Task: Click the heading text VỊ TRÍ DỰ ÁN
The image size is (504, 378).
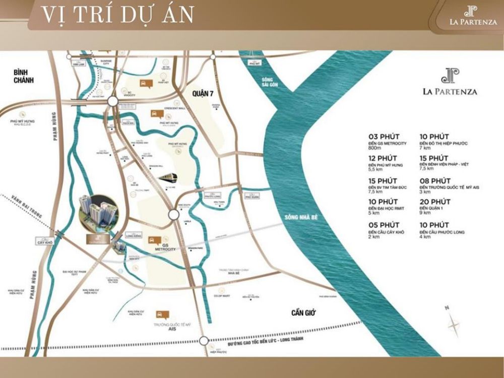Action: pos(117,15)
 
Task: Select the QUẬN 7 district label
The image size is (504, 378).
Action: pos(203,93)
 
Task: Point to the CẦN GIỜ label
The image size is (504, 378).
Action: pos(303,313)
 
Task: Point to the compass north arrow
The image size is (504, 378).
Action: pos(452,323)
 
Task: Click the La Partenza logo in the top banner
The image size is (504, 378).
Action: pos(473,15)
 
